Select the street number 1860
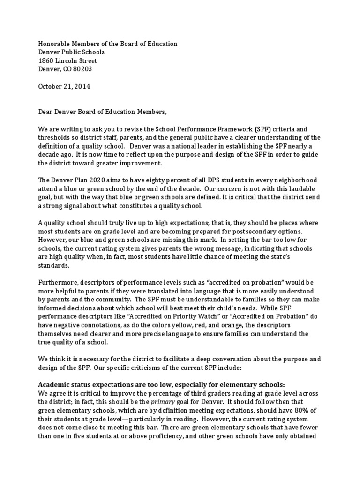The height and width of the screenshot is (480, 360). click(45, 60)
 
